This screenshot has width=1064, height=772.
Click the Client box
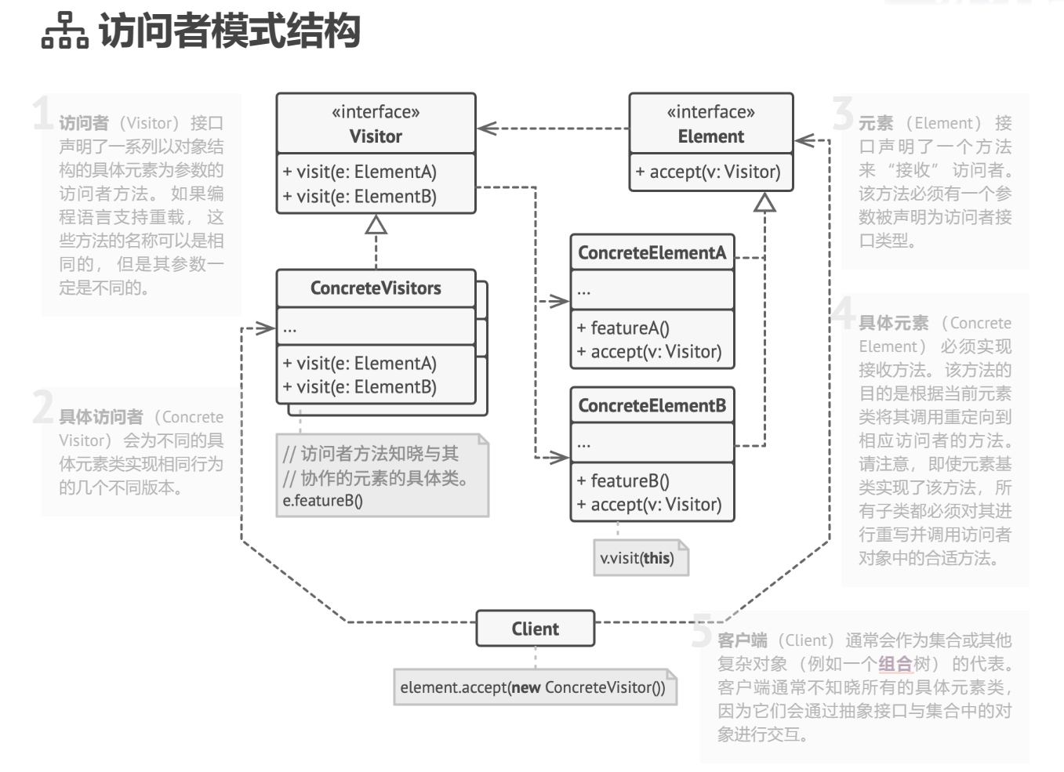coord(535,629)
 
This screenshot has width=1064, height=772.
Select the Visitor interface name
coord(376,136)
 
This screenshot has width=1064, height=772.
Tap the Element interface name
coord(710,136)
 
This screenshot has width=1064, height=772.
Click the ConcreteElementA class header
coord(652,252)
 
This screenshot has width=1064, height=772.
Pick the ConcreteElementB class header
coord(652,405)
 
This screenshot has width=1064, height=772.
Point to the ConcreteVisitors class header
coord(376,288)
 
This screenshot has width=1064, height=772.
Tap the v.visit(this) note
coord(637,558)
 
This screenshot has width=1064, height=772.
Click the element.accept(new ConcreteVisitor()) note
coord(532,687)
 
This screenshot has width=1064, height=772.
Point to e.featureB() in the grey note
coord(323,501)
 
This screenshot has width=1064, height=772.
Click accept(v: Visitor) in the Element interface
coord(708,172)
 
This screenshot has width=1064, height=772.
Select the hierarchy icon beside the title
coord(64,31)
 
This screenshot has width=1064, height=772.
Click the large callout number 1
coord(42,114)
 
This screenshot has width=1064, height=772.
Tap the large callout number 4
coord(844,313)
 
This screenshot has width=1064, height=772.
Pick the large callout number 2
coord(43,408)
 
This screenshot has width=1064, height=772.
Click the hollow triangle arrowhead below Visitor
coord(376,225)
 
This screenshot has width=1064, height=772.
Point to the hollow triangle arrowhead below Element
coord(764,202)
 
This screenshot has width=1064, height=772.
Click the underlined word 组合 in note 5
coord(895,664)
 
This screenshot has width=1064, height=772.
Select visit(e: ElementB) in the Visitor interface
coord(360,196)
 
